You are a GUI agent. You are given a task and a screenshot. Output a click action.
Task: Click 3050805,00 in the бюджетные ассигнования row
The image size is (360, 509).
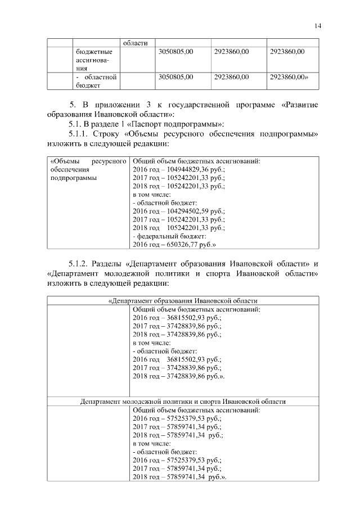(x=176, y=52)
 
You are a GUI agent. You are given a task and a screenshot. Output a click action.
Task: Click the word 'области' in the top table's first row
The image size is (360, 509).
(x=135, y=43)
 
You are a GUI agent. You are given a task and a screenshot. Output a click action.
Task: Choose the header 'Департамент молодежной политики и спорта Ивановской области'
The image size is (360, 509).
(x=183, y=402)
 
